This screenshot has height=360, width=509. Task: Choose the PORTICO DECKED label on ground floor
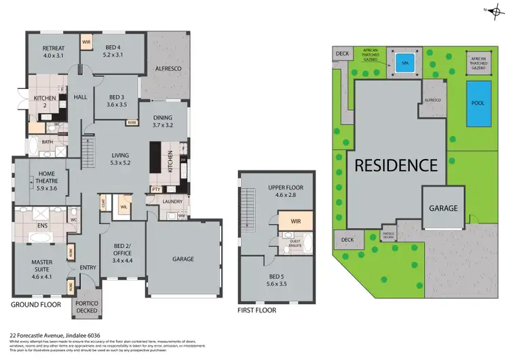pyautogui.click(x=87, y=306)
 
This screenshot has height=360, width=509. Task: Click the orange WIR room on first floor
pyautogui.click(x=295, y=220)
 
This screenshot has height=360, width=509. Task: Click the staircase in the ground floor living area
pyautogui.click(x=87, y=147)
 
